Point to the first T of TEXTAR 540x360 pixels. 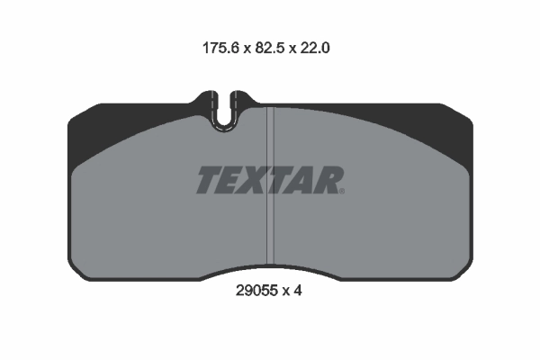(x=208, y=180)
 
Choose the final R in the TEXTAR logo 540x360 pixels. (x=327, y=180)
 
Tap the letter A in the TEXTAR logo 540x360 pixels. (x=303, y=180)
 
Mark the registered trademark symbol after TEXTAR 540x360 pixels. (x=342, y=190)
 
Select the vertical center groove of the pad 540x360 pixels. (x=270, y=225)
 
